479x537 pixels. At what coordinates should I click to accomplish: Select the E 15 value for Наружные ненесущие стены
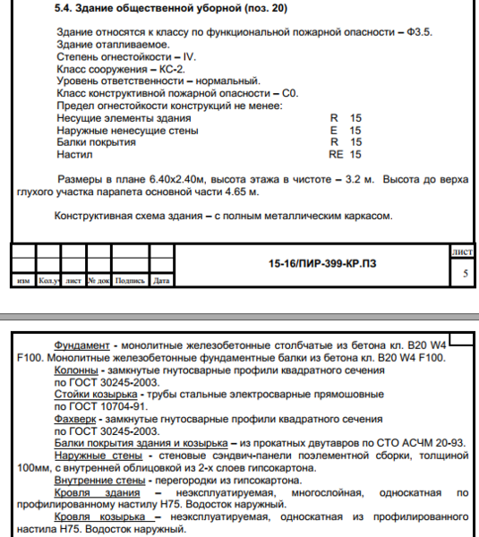[345, 130]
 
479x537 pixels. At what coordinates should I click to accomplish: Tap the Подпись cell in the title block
[130, 280]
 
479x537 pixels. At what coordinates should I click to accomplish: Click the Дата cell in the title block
[161, 280]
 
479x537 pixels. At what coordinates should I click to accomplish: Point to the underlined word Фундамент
[81, 345]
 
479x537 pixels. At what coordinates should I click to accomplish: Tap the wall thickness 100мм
[33, 466]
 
